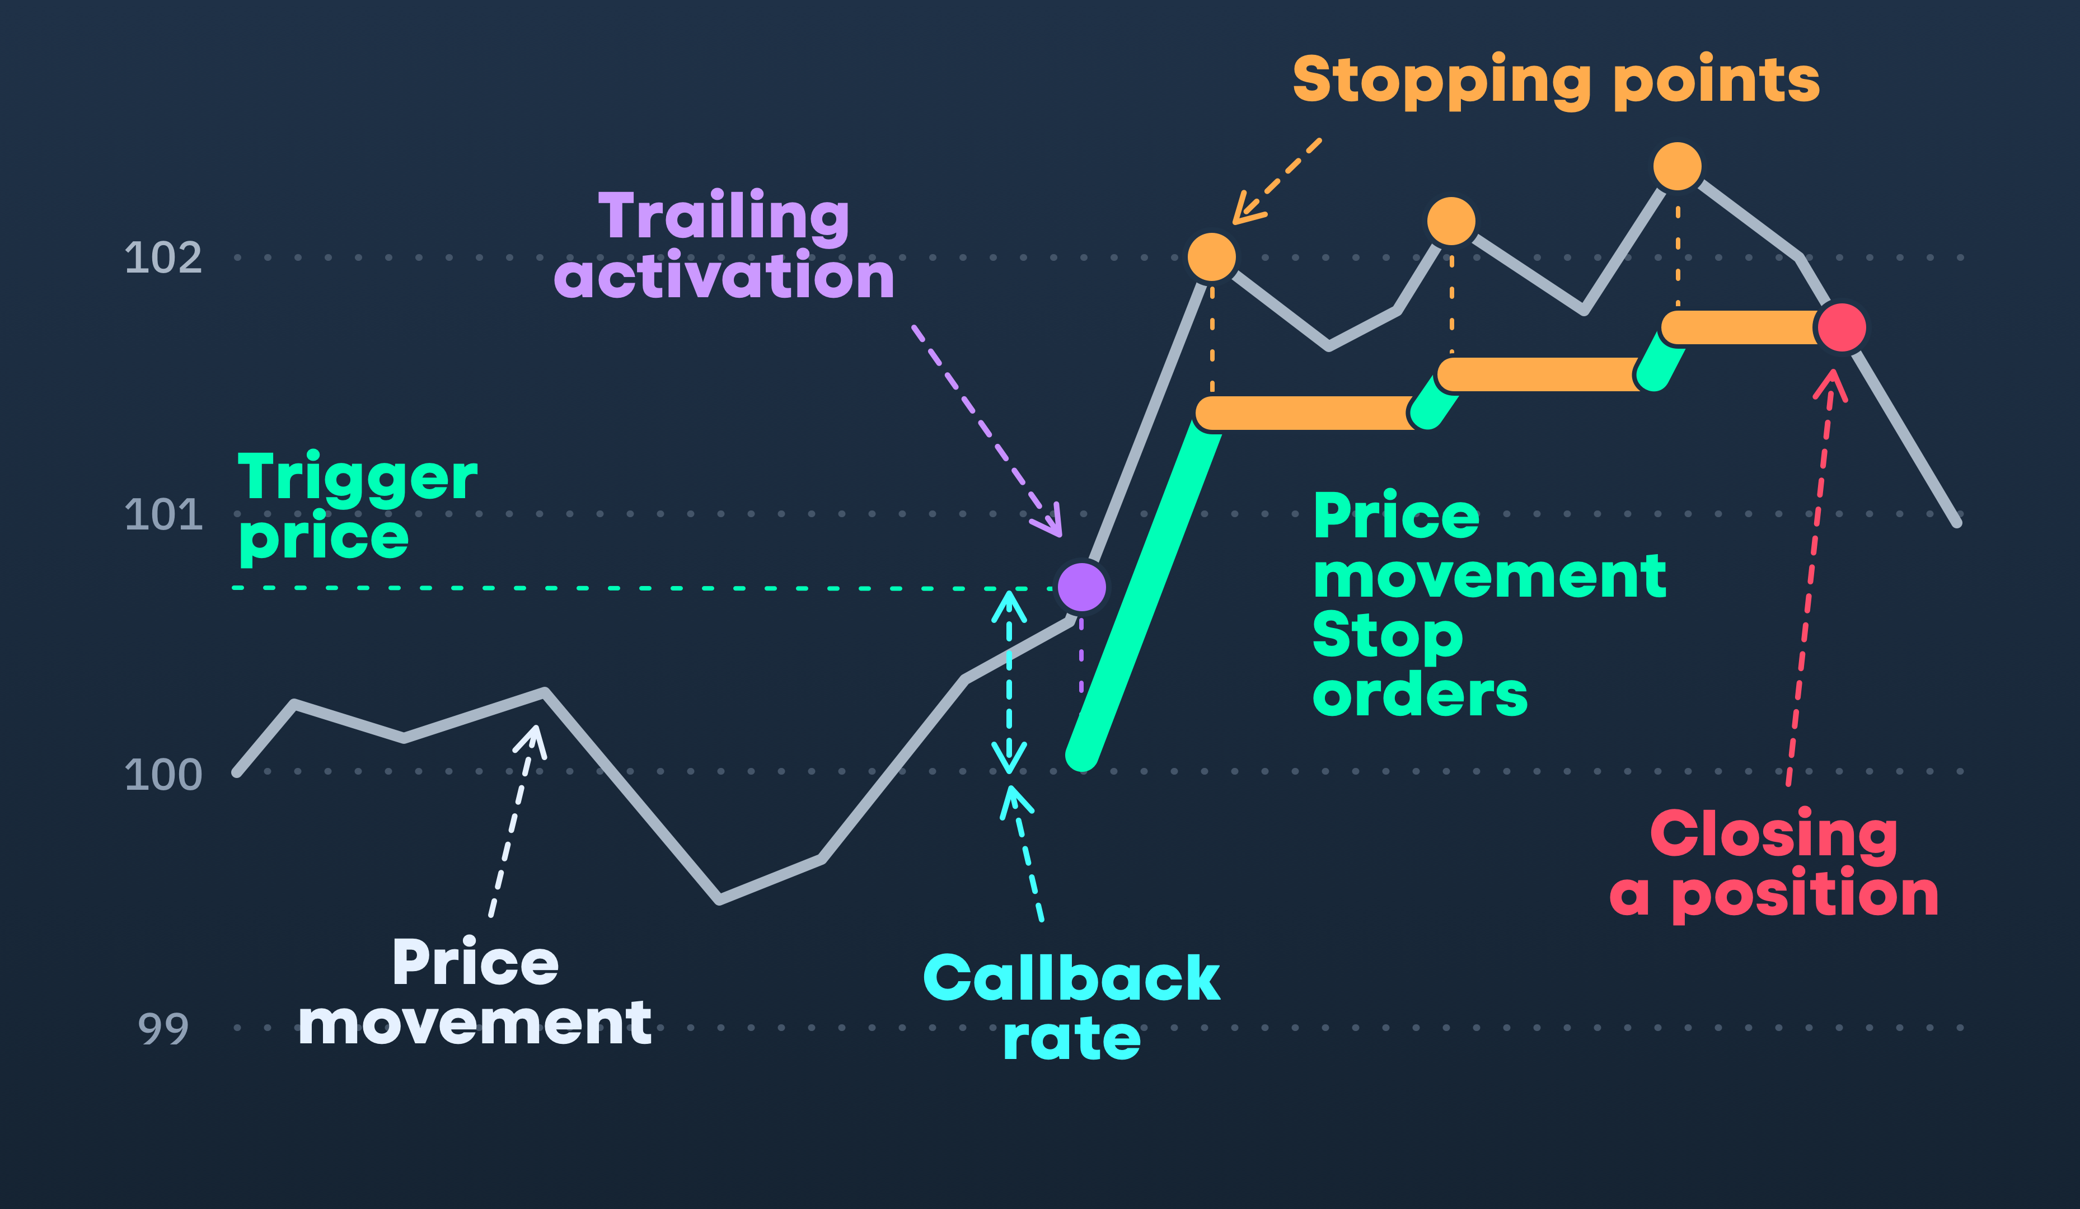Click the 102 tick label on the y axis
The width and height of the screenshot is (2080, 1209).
162,257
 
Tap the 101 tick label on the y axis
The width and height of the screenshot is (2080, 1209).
162,514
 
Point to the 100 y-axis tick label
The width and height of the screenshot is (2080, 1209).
162,774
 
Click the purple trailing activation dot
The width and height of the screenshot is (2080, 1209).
1081,587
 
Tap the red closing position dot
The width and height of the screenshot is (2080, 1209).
1842,327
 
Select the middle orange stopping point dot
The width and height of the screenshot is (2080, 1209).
1451,221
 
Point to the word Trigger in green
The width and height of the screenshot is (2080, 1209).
358,478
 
